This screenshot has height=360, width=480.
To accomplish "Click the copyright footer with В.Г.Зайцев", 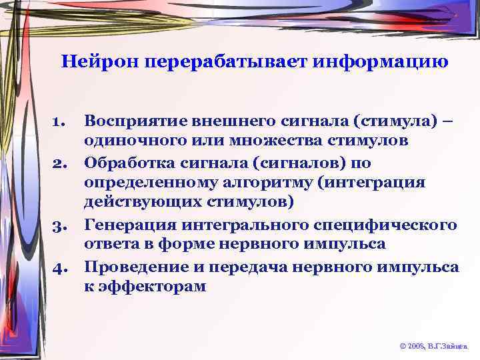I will pos(433,347).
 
